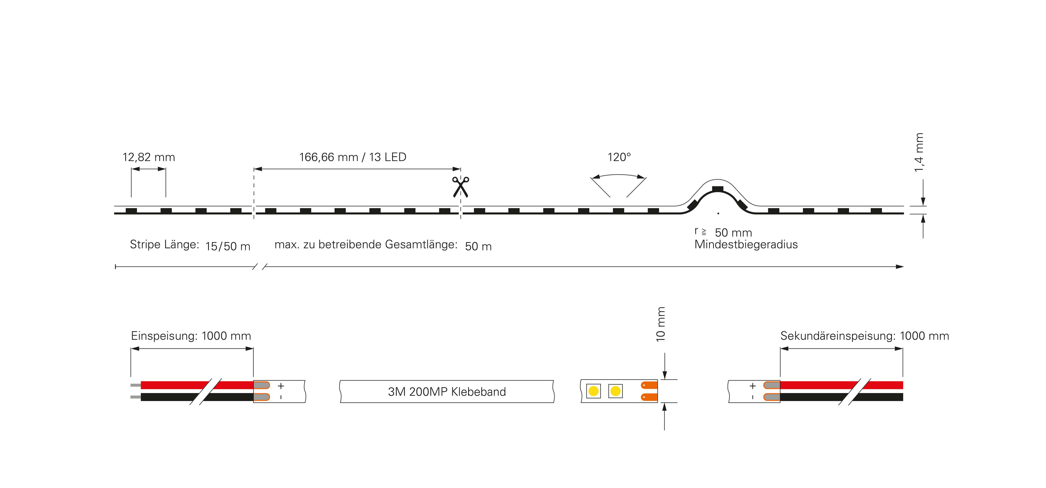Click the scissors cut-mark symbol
pos(460,187)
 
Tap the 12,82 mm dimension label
pos(149,157)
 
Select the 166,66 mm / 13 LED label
pos(352,157)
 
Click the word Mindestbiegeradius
pos(746,244)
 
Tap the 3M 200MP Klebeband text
pos(447,392)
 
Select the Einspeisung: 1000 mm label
pos(191,336)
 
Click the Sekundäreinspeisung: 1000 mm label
pos(864,336)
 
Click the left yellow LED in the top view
pos(593,391)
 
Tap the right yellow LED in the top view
pos(615,391)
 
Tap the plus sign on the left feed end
pos(280,386)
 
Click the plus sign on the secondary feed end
pos(752,386)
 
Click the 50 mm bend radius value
pos(733,233)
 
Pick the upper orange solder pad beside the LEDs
pos(649,385)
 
